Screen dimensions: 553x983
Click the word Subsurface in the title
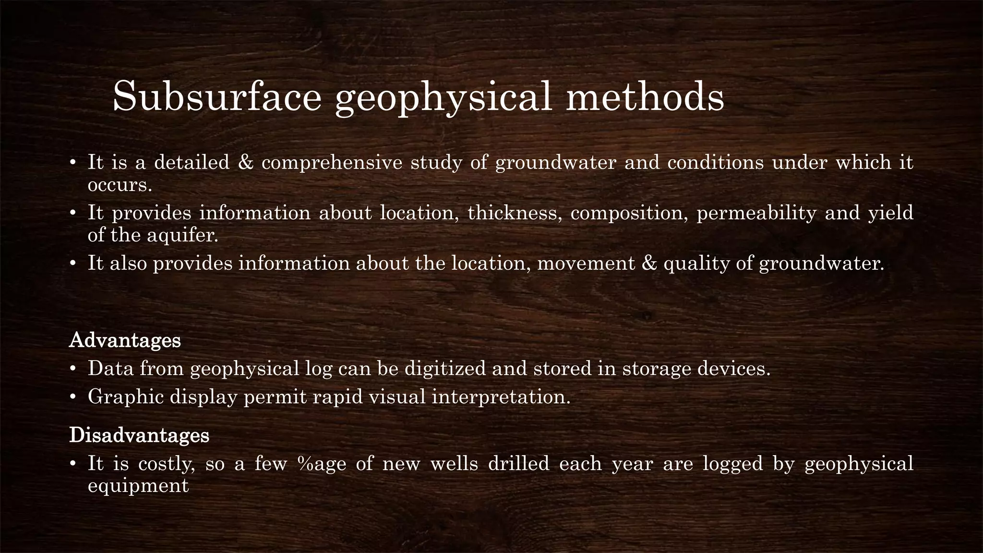point(216,97)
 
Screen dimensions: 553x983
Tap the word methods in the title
point(645,97)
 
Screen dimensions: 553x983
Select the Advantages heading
point(125,340)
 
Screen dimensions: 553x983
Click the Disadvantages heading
point(139,435)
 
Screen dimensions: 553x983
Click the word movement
point(586,264)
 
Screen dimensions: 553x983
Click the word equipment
point(138,486)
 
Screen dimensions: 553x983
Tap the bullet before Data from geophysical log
point(73,369)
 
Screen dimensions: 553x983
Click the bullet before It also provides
point(73,264)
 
